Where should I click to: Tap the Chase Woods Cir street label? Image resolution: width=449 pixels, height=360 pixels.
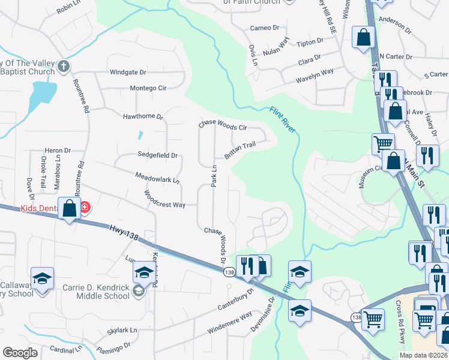tap(223, 124)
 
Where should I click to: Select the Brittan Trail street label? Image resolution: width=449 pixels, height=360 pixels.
tap(240, 150)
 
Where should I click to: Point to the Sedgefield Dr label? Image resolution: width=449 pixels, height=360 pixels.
tap(158, 155)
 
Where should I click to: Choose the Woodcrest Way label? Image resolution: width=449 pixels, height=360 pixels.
tap(164, 199)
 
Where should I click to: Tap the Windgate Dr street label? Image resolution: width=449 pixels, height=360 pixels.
tap(128, 73)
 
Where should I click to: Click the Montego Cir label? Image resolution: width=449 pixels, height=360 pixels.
tap(148, 88)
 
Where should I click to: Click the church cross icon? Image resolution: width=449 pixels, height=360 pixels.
tap(64, 66)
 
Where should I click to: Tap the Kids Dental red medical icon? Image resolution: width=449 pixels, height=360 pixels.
tap(86, 208)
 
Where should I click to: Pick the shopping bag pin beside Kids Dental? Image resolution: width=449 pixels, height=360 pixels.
tap(70, 209)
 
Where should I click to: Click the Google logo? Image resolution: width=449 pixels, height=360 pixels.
tap(20, 353)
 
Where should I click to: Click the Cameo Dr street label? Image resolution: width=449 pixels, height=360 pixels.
tap(265, 28)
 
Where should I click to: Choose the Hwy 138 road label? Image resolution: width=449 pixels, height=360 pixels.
tap(124, 232)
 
